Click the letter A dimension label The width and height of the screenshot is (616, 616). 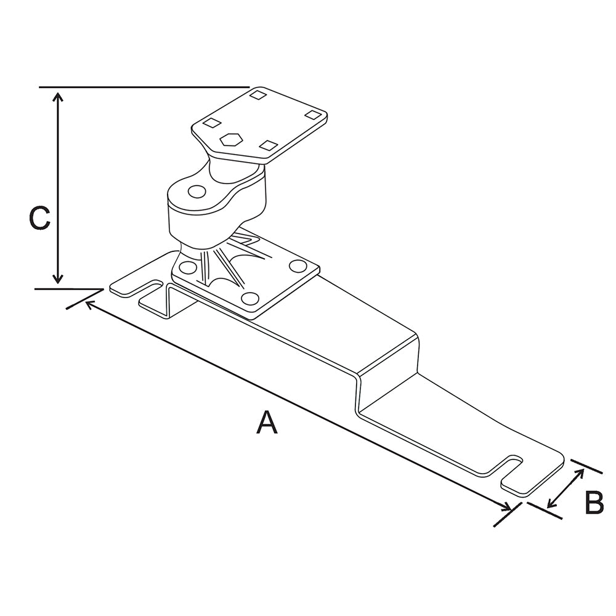click(x=267, y=423)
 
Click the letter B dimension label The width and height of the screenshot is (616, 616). click(x=594, y=503)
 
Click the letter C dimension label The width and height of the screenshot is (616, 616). click(x=40, y=219)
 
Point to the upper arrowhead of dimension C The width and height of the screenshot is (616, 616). click(x=57, y=97)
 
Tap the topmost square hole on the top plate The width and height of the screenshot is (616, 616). click(x=258, y=95)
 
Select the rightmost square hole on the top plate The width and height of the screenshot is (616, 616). click(x=314, y=115)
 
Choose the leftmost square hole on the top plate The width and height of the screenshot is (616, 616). click(x=211, y=123)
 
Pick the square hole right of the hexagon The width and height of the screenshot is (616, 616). click(x=268, y=145)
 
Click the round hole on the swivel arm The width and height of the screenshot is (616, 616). click(x=197, y=192)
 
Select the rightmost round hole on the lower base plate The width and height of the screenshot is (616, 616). click(x=298, y=267)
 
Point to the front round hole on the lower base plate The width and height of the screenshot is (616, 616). click(x=249, y=299)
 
